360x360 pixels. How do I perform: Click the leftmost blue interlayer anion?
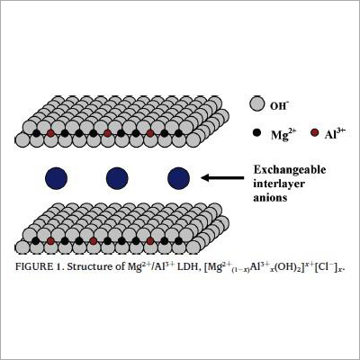click(56, 178)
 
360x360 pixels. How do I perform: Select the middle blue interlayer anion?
click(117, 178)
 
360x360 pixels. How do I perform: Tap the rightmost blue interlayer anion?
click(178, 178)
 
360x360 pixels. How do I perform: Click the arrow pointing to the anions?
click(222, 178)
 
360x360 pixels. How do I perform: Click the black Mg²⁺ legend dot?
click(256, 133)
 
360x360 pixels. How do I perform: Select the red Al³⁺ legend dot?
click(315, 132)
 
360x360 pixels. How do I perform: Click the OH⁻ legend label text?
click(280, 105)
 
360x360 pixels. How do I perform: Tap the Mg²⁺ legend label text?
click(283, 134)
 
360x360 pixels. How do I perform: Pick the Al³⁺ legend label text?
click(333, 133)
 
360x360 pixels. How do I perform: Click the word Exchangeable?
click(290, 170)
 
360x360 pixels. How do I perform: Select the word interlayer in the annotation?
click(279, 184)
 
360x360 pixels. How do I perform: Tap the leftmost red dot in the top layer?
click(50, 133)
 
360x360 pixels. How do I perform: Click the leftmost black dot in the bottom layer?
click(36, 240)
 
